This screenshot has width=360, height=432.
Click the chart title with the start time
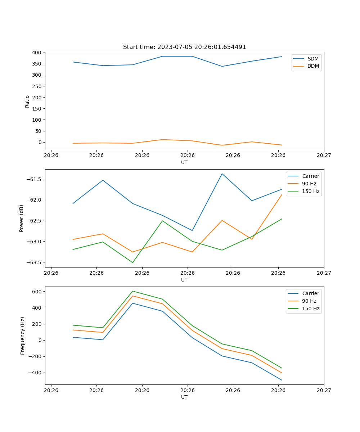tap(184, 47)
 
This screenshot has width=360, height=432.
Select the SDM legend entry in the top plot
tap(313, 59)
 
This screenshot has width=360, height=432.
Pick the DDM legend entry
tap(313, 66)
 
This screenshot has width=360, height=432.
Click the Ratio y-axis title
tap(27, 101)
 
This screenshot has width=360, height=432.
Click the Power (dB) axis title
tap(22, 218)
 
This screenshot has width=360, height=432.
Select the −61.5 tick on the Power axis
tap(35, 179)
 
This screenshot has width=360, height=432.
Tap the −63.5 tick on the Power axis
tap(35, 262)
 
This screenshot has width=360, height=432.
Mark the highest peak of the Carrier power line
tap(222, 174)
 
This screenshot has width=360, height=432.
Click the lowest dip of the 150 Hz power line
tap(132, 262)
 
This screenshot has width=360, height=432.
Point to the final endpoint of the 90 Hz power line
tap(282, 195)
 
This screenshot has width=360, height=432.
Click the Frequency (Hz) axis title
tap(23, 336)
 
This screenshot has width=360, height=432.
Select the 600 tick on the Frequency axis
tap(37, 292)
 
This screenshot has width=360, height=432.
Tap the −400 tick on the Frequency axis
tap(36, 373)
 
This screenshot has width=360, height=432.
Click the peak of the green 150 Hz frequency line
tap(132, 291)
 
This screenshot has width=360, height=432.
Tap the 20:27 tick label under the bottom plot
tap(324, 390)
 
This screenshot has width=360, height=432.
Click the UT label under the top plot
tap(184, 162)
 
